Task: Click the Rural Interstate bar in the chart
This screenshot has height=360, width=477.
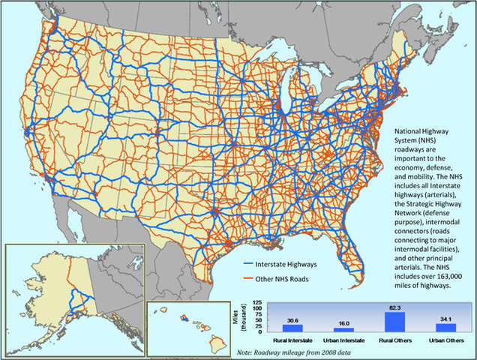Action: click(x=293, y=328)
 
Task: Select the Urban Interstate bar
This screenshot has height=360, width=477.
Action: click(x=343, y=329)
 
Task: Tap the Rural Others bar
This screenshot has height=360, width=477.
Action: click(x=394, y=322)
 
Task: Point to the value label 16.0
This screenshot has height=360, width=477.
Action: click(x=343, y=323)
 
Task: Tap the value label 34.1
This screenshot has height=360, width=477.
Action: click(x=446, y=319)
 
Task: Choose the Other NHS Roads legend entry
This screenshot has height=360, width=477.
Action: click(x=277, y=279)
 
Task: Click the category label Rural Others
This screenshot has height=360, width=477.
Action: click(x=394, y=340)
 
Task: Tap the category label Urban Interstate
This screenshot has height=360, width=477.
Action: click(x=343, y=340)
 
